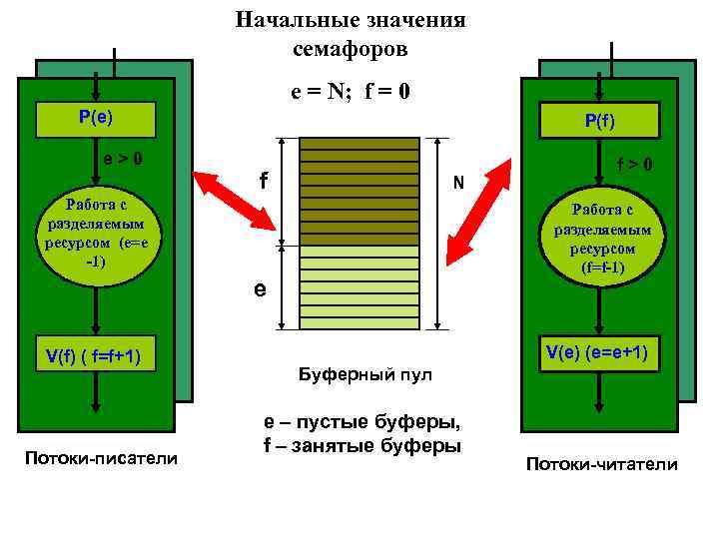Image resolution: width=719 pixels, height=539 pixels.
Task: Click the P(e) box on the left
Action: click(96, 118)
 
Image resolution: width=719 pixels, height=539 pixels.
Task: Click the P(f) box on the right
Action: click(600, 122)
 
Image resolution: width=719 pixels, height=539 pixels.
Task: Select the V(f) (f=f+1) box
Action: click(96, 356)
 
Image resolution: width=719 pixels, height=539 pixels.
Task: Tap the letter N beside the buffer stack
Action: click(457, 183)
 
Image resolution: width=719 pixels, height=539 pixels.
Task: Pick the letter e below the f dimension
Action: click(259, 289)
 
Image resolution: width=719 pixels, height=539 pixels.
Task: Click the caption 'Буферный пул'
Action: click(365, 375)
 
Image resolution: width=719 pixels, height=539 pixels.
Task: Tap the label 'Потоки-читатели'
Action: click(601, 464)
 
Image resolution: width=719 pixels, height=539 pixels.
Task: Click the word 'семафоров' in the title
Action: click(351, 48)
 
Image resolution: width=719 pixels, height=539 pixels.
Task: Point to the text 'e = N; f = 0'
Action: click(350, 93)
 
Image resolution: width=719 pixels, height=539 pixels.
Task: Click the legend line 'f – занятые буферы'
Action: click(361, 446)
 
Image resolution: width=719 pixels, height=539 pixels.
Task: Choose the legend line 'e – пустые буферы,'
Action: click(361, 424)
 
